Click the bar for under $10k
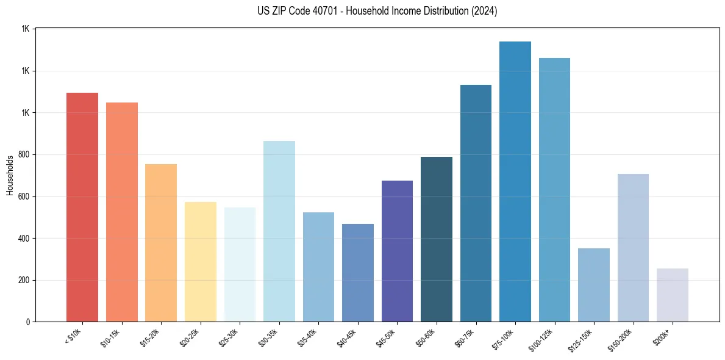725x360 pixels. coord(82,207)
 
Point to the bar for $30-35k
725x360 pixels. coord(279,231)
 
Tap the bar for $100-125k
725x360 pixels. coord(554,190)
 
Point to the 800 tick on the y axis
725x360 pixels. coord(24,154)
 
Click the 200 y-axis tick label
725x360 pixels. coord(24,280)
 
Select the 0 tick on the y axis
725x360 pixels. coord(28,322)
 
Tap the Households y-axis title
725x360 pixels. coord(10,175)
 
